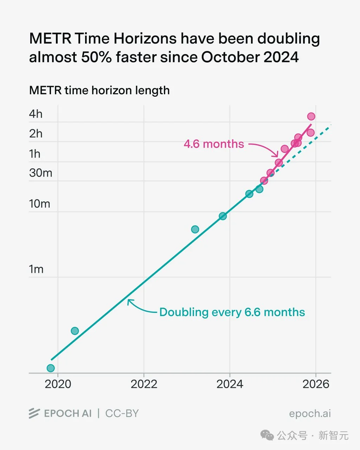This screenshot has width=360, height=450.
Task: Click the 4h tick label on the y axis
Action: [36, 114]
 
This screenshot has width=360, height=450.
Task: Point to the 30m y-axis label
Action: [40, 173]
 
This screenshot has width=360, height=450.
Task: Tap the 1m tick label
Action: [36, 269]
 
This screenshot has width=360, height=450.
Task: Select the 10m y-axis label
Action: [39, 204]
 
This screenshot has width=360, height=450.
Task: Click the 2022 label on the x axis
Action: [144, 384]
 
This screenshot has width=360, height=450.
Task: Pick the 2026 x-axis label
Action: [316, 384]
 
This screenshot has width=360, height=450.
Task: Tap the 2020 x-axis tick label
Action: [58, 384]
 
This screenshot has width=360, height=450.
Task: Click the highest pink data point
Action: [311, 116]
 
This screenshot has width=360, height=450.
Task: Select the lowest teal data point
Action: [51, 368]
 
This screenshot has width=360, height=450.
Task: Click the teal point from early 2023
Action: [195, 229]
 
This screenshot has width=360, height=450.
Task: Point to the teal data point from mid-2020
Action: [75, 331]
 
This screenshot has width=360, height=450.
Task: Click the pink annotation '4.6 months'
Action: [214, 144]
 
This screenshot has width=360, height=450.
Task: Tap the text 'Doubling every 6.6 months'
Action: [232, 312]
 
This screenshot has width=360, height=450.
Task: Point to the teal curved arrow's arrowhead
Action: [129, 301]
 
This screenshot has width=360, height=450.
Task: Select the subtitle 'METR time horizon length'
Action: [99, 90]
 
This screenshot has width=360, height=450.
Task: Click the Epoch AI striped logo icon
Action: [34, 413]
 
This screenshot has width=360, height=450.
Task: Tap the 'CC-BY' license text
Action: [122, 413]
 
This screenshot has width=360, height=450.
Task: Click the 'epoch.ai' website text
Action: [310, 414]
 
